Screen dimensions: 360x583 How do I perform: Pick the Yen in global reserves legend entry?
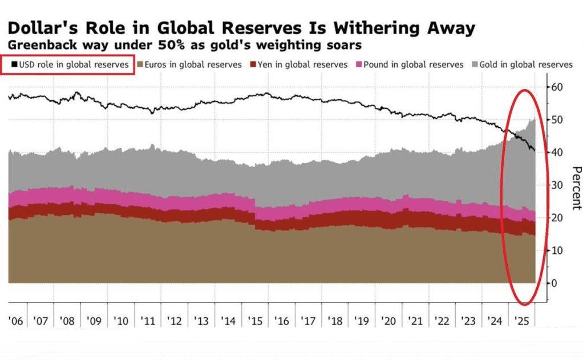tap(301, 64)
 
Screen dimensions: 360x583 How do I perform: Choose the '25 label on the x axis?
tap(521, 321)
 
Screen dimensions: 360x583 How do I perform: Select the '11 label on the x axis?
tap(148, 321)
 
